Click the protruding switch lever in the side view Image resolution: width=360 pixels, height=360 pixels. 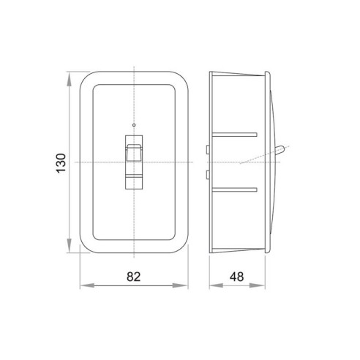pyautogui.click(x=280, y=151)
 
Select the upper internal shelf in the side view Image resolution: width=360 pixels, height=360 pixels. pyautogui.click(x=235, y=134)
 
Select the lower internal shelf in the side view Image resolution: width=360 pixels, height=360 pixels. pyautogui.click(x=235, y=189)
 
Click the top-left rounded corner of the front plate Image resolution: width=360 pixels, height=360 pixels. pyautogui.click(x=83, y=78)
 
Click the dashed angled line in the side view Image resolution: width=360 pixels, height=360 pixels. pyautogui.click(x=252, y=158)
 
